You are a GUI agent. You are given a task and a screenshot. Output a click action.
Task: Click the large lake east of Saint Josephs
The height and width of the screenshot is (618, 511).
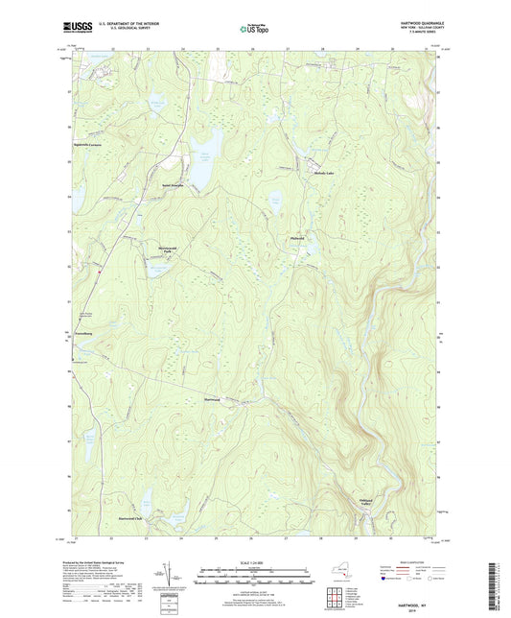point(204,168)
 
